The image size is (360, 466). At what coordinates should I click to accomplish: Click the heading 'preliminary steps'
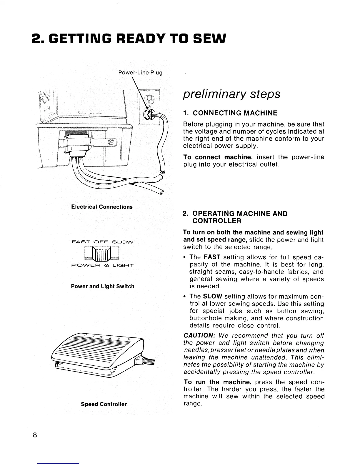click(x=231, y=94)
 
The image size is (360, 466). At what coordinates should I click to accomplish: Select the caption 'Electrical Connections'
click(x=102, y=207)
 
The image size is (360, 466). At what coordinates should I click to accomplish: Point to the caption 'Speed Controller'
click(x=104, y=404)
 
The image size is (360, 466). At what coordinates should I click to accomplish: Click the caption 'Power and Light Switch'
click(x=103, y=286)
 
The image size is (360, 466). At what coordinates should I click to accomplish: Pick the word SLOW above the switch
click(x=124, y=242)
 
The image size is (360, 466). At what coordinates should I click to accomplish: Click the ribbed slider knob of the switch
click(x=102, y=254)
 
